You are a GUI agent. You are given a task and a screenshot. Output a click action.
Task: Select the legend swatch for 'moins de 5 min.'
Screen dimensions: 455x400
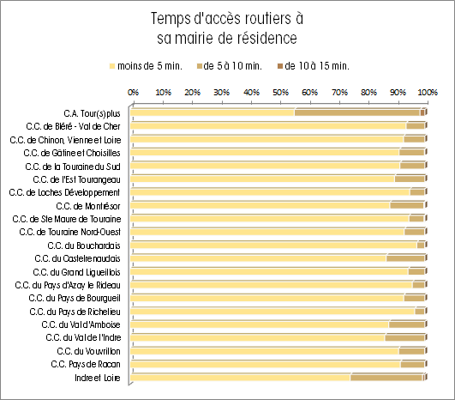point(112,66)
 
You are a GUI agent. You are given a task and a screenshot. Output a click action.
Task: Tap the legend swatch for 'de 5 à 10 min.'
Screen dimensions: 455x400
point(200,66)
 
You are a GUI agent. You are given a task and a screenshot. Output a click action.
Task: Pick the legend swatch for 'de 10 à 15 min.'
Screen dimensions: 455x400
point(280,66)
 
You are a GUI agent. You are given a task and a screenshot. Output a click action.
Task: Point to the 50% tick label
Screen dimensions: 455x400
point(280,93)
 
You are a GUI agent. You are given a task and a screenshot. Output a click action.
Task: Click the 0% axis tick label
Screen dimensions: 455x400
point(133,93)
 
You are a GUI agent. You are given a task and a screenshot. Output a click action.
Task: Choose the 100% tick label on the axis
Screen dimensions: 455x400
point(428,93)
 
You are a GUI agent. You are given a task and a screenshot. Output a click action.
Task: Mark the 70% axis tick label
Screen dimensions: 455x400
point(339,93)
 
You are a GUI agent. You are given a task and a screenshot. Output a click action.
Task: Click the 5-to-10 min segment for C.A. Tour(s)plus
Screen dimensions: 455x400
point(357,112)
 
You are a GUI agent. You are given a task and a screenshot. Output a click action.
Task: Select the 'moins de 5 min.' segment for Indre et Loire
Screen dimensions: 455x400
point(240,378)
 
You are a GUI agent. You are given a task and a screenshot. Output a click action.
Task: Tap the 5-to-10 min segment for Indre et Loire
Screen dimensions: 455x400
point(386,378)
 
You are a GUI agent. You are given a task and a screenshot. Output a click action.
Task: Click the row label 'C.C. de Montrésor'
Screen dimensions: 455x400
point(88,206)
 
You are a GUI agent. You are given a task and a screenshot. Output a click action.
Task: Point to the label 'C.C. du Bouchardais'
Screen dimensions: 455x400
point(84,245)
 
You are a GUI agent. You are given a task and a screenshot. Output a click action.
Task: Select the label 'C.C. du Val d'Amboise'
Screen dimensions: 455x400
point(81,324)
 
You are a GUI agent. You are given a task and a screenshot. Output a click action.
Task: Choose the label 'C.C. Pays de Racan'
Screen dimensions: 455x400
point(86,364)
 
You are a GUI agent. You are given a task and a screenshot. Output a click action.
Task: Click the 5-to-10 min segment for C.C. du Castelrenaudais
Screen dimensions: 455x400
point(405,258)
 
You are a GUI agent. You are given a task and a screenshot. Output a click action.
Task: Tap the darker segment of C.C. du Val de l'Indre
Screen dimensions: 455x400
point(404,337)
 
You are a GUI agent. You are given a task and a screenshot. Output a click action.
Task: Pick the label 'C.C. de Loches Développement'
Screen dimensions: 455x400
point(64,193)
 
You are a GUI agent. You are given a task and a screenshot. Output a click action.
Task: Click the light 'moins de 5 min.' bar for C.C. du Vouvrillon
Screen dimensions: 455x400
point(265,351)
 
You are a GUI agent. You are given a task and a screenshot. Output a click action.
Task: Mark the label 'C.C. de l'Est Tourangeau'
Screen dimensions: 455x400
point(76,180)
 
